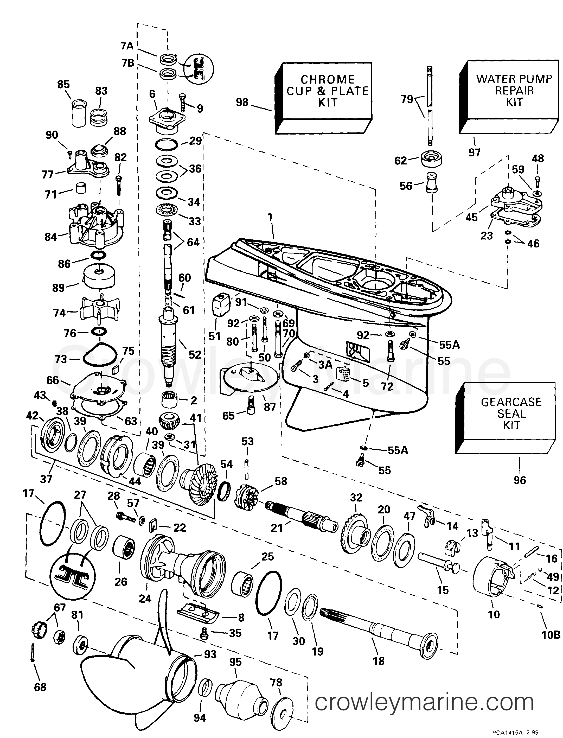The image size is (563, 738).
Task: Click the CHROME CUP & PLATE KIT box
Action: click(x=327, y=91)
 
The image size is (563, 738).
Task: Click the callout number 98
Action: click(x=242, y=102)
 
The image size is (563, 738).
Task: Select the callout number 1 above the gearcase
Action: click(x=270, y=217)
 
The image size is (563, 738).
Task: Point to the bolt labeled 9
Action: click(x=183, y=102)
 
